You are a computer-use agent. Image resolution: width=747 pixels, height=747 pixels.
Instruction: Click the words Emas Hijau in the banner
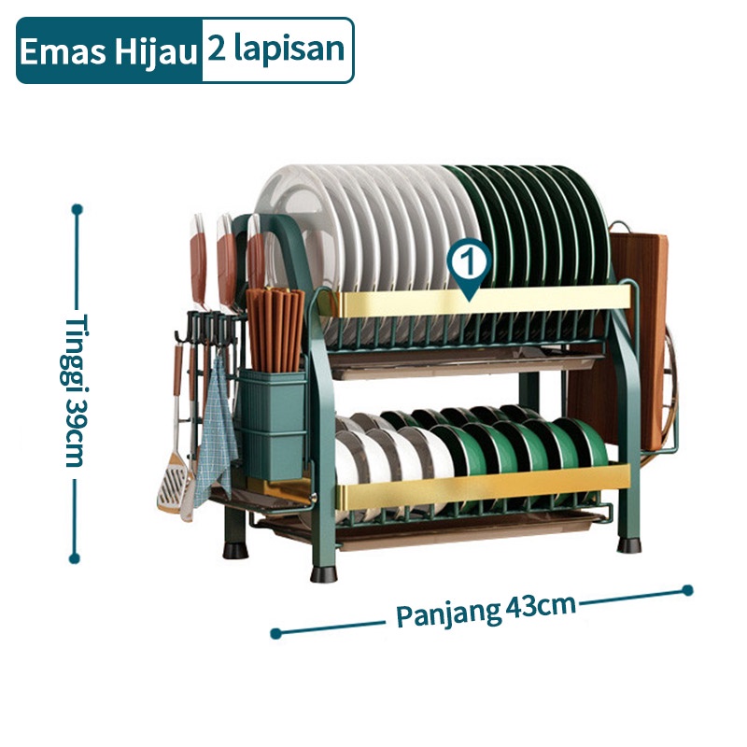[108, 51]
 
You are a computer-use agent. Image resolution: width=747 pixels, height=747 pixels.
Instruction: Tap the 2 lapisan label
[275, 50]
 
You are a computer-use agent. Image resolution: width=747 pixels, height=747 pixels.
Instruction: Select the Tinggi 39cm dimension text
[76, 389]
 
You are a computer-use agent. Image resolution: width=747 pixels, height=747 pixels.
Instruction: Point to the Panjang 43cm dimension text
[486, 611]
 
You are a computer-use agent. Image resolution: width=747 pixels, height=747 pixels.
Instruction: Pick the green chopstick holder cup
[272, 424]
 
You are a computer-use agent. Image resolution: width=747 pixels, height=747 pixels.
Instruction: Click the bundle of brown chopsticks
[275, 329]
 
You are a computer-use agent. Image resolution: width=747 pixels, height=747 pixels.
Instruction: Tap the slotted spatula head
[173, 481]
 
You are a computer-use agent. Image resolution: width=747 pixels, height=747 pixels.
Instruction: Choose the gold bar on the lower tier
[482, 486]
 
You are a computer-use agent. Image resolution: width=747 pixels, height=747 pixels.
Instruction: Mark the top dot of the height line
[78, 209]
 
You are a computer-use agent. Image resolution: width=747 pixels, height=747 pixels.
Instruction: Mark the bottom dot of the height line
[75, 558]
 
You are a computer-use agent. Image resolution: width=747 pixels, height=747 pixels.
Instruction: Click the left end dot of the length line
[275, 633]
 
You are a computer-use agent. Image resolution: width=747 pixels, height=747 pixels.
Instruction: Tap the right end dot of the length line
[687, 590]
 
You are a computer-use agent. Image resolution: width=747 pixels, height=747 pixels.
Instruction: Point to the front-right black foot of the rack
[628, 545]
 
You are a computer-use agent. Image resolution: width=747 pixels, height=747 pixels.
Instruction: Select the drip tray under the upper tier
[464, 364]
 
